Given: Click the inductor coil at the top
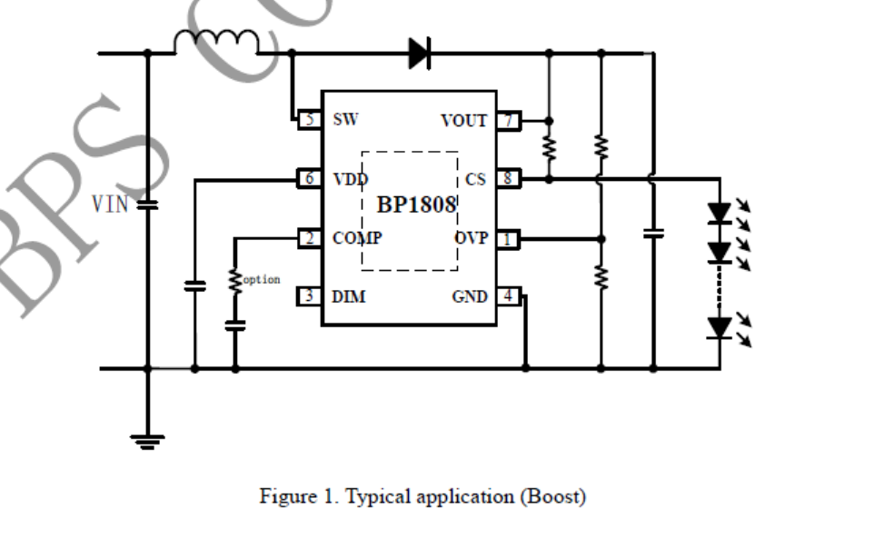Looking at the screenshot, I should pos(216,42).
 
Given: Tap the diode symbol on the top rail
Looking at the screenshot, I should pos(419,53).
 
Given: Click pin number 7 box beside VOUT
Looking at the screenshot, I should pos(509,120).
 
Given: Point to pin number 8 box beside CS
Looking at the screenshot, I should pos(509,179).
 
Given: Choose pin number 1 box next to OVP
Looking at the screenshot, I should pos(509,238).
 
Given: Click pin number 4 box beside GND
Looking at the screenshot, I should pos(509,296).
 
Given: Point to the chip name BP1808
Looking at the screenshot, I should pos(416,205).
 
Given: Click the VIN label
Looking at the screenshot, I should pos(110,205).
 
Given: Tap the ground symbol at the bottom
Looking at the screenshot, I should pos(147,442).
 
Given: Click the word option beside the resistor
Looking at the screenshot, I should pos(261,280).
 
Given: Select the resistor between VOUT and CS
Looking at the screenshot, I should pos(548,147).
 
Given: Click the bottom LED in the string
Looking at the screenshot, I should pos(720,326).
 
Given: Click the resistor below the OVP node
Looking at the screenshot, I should pos(600,275).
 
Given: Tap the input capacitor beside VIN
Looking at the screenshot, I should pos(147,205).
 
